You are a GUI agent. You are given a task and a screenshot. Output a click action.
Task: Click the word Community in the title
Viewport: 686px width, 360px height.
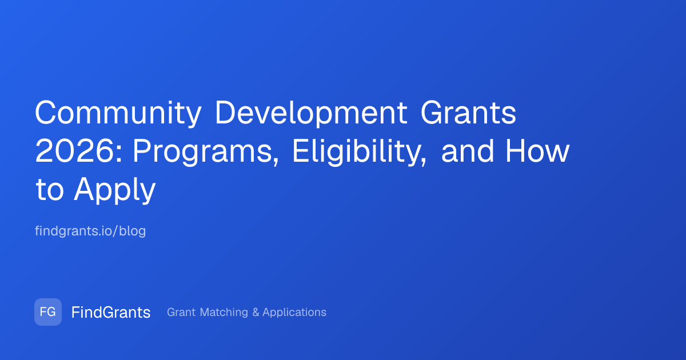(118, 113)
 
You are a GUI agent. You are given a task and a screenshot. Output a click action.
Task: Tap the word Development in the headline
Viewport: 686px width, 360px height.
(311, 113)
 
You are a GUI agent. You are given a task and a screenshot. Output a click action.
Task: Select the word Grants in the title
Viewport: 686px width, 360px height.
(469, 113)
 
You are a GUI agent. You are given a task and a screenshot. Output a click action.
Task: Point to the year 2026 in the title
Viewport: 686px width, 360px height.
(75, 151)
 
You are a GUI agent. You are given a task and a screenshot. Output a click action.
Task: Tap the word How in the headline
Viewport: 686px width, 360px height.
(537, 151)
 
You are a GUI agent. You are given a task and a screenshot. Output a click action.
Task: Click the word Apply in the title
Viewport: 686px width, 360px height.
(115, 190)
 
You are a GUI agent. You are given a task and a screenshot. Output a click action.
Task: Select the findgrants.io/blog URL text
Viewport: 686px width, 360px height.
(90, 231)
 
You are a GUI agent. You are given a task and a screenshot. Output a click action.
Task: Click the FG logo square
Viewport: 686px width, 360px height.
(48, 312)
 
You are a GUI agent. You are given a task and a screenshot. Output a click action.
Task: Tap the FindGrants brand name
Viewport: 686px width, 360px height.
(111, 312)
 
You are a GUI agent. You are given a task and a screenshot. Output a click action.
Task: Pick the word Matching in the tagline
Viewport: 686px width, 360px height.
(224, 313)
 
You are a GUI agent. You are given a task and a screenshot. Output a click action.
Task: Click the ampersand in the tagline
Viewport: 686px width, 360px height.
(256, 312)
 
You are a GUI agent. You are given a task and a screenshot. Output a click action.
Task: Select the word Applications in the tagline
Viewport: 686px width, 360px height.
(294, 313)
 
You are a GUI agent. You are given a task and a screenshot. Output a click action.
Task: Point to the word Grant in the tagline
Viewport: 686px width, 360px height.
(181, 312)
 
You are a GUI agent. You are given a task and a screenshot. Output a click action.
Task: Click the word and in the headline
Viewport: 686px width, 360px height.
(468, 151)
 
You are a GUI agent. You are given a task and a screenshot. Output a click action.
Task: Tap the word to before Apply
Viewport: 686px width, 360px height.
(50, 190)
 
